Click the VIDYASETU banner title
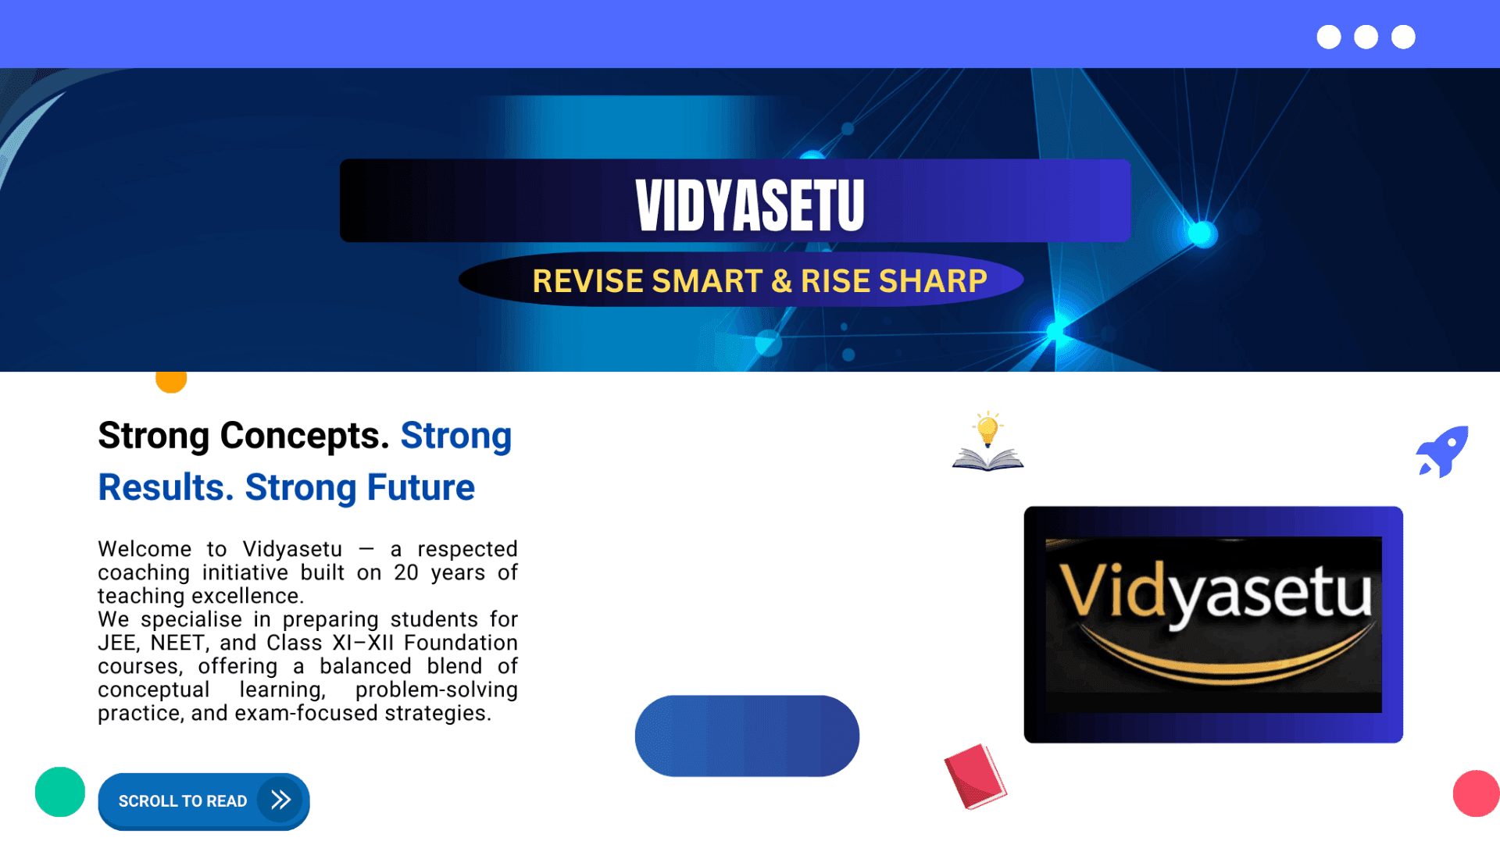click(x=750, y=205)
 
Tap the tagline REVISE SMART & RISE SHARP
click(x=759, y=281)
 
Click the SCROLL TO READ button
click(x=204, y=801)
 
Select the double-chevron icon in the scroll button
click(x=280, y=800)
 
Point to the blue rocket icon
click(x=1443, y=451)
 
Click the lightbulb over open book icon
click(x=987, y=441)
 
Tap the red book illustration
click(x=975, y=776)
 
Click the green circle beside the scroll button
click(x=60, y=792)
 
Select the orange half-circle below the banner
click(x=171, y=382)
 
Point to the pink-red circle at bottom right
click(x=1477, y=793)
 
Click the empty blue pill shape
click(x=747, y=736)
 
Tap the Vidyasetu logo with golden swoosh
click(x=1213, y=625)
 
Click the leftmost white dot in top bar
click(x=1329, y=37)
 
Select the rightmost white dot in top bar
click(x=1403, y=37)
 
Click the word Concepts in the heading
click(x=304, y=436)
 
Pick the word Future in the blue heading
click(x=421, y=487)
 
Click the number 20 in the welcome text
click(x=406, y=572)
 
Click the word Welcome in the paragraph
click(x=145, y=549)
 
